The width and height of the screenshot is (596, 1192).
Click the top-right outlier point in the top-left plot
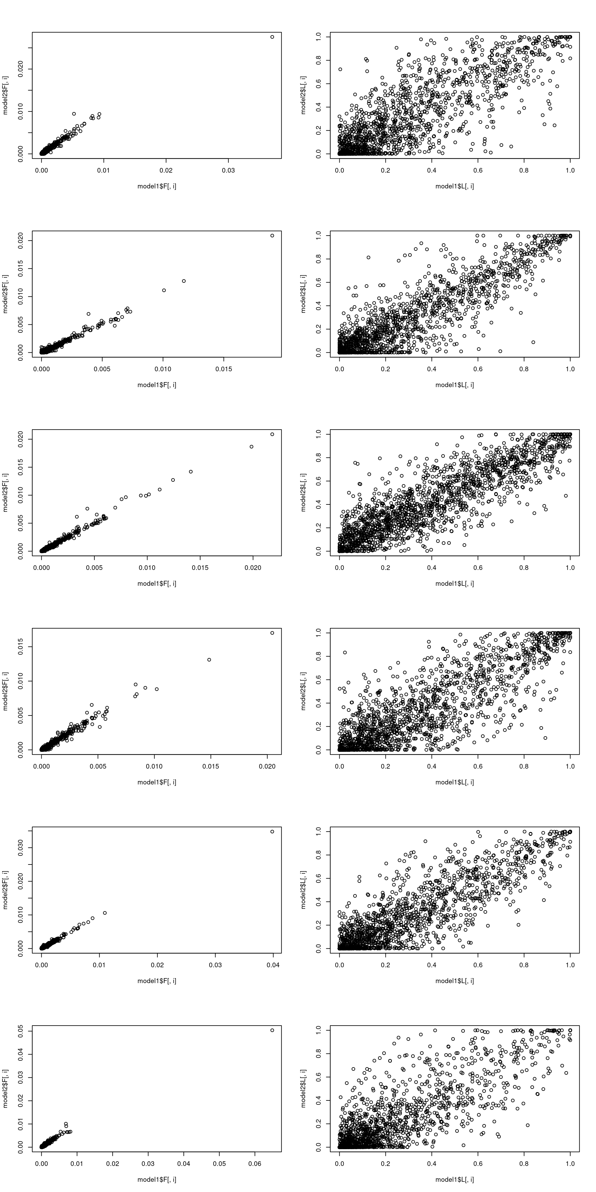tap(272, 37)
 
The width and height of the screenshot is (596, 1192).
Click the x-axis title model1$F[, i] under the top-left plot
tap(157, 186)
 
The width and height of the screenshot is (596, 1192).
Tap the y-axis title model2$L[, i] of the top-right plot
tap(304, 95)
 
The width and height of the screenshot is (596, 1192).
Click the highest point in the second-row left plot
tap(272, 236)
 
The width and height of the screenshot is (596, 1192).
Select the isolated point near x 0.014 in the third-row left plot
tap(191, 472)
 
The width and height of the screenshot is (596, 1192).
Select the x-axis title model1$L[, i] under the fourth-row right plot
tap(454, 782)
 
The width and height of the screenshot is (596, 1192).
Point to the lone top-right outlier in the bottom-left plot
tap(272, 1030)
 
